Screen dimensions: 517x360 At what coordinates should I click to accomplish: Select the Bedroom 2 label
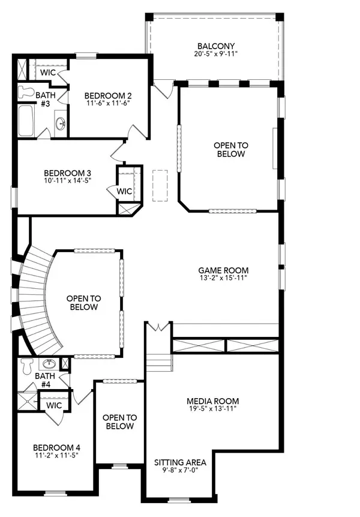107,95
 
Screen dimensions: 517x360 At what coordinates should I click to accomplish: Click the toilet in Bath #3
25,91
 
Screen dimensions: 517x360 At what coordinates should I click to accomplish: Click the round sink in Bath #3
61,124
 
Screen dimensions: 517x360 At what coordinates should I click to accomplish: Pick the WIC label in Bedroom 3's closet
124,192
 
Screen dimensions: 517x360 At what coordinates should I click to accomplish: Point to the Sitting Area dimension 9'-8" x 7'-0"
180,471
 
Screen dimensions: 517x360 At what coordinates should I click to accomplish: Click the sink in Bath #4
48,364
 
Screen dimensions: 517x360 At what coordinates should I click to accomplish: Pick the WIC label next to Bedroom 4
55,405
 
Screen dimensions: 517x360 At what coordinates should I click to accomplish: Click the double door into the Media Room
159,327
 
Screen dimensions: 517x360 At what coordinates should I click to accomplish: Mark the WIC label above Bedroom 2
48,73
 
